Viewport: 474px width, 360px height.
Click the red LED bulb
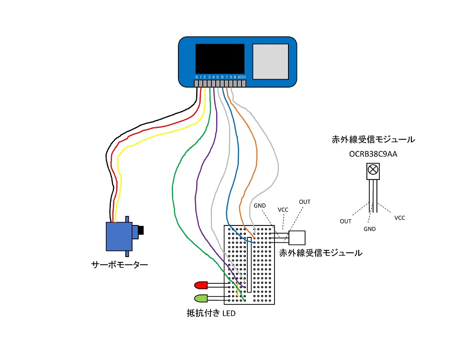tap(200, 285)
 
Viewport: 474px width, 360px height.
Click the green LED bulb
tap(200, 298)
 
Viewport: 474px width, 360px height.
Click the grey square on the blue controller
tap(270, 61)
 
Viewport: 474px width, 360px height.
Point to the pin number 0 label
tap(197, 77)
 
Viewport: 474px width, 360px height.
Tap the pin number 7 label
tap(227, 77)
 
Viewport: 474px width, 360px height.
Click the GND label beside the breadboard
tap(260, 205)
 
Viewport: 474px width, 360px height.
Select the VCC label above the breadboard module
tap(283, 209)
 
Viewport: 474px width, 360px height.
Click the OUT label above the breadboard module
tap(305, 202)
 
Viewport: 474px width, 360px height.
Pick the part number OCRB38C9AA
tap(373, 155)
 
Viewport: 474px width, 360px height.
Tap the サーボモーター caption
tap(120, 264)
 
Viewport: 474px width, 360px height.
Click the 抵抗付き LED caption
tap(211, 314)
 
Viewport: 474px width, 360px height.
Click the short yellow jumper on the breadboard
tap(237, 291)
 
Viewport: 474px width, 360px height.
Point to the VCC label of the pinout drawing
tap(399, 218)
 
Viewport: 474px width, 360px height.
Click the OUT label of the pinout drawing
tap(346, 222)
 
